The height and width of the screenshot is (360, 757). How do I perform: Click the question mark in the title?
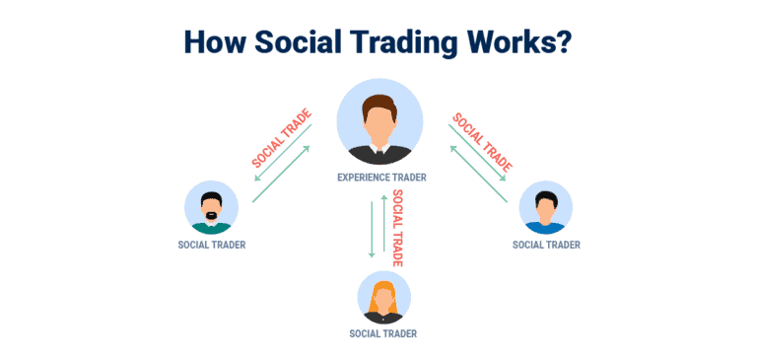click(569, 43)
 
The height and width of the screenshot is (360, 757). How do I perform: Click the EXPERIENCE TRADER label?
click(378, 180)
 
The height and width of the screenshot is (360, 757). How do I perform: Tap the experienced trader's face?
click(378, 118)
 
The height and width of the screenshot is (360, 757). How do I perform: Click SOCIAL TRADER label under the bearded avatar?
click(212, 245)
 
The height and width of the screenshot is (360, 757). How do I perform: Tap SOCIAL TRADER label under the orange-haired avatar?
click(382, 333)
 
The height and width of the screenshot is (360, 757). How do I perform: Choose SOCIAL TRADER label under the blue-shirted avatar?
click(546, 245)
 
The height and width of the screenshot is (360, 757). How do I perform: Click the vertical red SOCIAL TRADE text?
click(398, 228)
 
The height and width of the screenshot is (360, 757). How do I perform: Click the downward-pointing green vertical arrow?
click(372, 228)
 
